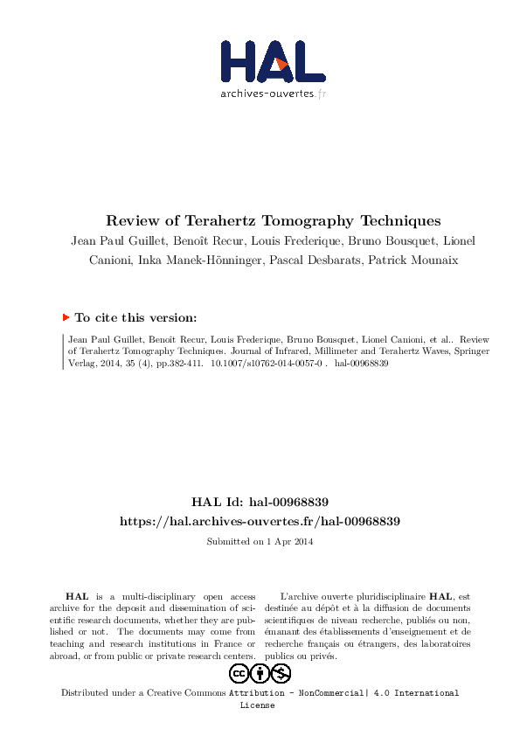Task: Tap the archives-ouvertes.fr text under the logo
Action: coord(273,93)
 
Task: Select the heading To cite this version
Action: coord(135,318)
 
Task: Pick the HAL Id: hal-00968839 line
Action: coord(260,502)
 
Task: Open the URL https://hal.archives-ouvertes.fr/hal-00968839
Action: coord(260,521)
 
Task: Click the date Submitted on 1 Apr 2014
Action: coord(260,542)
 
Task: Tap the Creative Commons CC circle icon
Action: coord(239,673)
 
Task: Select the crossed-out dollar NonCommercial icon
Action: coord(281,673)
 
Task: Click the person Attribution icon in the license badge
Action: coord(260,673)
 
